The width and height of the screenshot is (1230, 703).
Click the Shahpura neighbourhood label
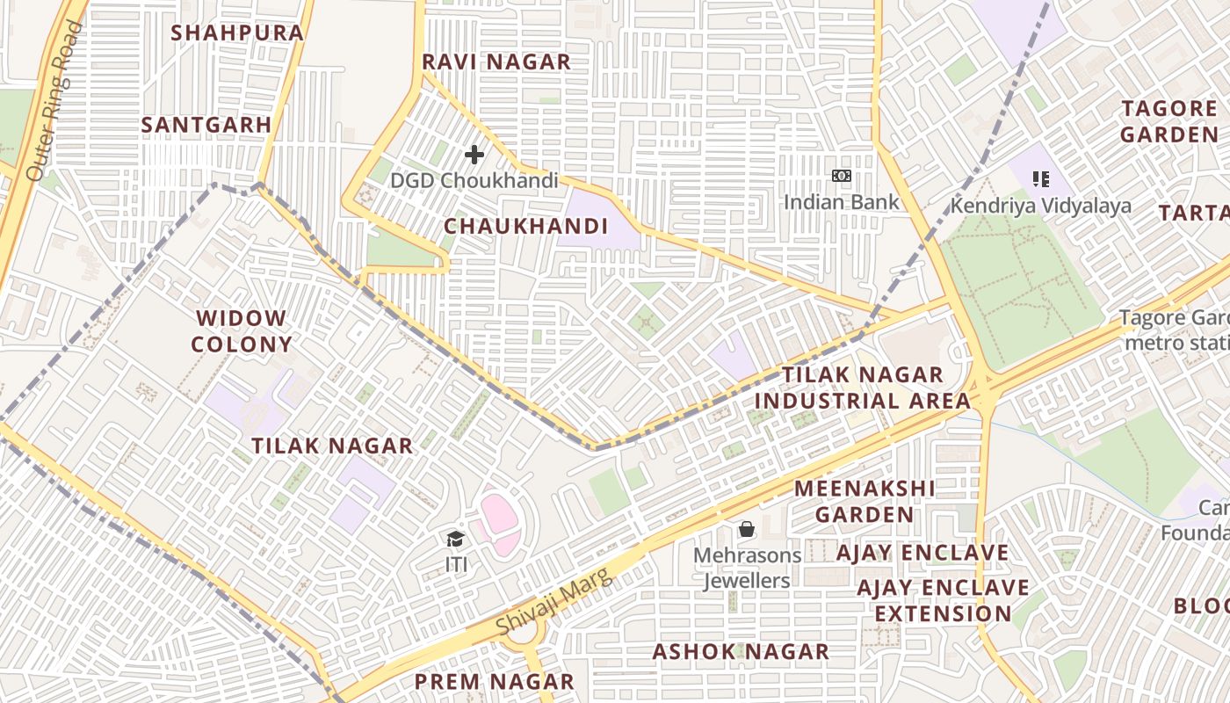click(x=237, y=33)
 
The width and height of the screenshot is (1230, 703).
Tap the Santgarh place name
click(x=206, y=125)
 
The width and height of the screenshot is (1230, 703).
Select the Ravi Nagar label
click(x=496, y=62)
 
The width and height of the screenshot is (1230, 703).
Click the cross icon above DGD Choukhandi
click(x=474, y=156)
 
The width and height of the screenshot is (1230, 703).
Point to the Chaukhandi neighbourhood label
click(x=526, y=227)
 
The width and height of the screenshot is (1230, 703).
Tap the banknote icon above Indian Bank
click(x=842, y=177)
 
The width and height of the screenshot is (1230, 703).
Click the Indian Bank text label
click(x=842, y=202)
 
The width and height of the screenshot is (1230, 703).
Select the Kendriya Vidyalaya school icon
click(x=1041, y=180)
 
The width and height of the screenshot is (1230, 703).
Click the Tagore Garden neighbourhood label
click(x=1168, y=122)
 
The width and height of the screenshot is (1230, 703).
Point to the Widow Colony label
click(x=241, y=331)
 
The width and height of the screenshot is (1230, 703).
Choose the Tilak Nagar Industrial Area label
click(x=863, y=388)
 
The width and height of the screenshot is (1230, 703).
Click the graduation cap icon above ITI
click(x=455, y=540)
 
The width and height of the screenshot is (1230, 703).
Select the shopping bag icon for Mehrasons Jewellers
click(x=747, y=529)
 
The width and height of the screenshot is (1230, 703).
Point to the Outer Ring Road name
click(x=54, y=101)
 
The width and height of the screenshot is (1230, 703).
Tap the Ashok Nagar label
click(x=741, y=652)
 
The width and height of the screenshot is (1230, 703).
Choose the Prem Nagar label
click(x=494, y=682)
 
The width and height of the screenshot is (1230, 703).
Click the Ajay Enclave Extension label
click(x=943, y=600)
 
